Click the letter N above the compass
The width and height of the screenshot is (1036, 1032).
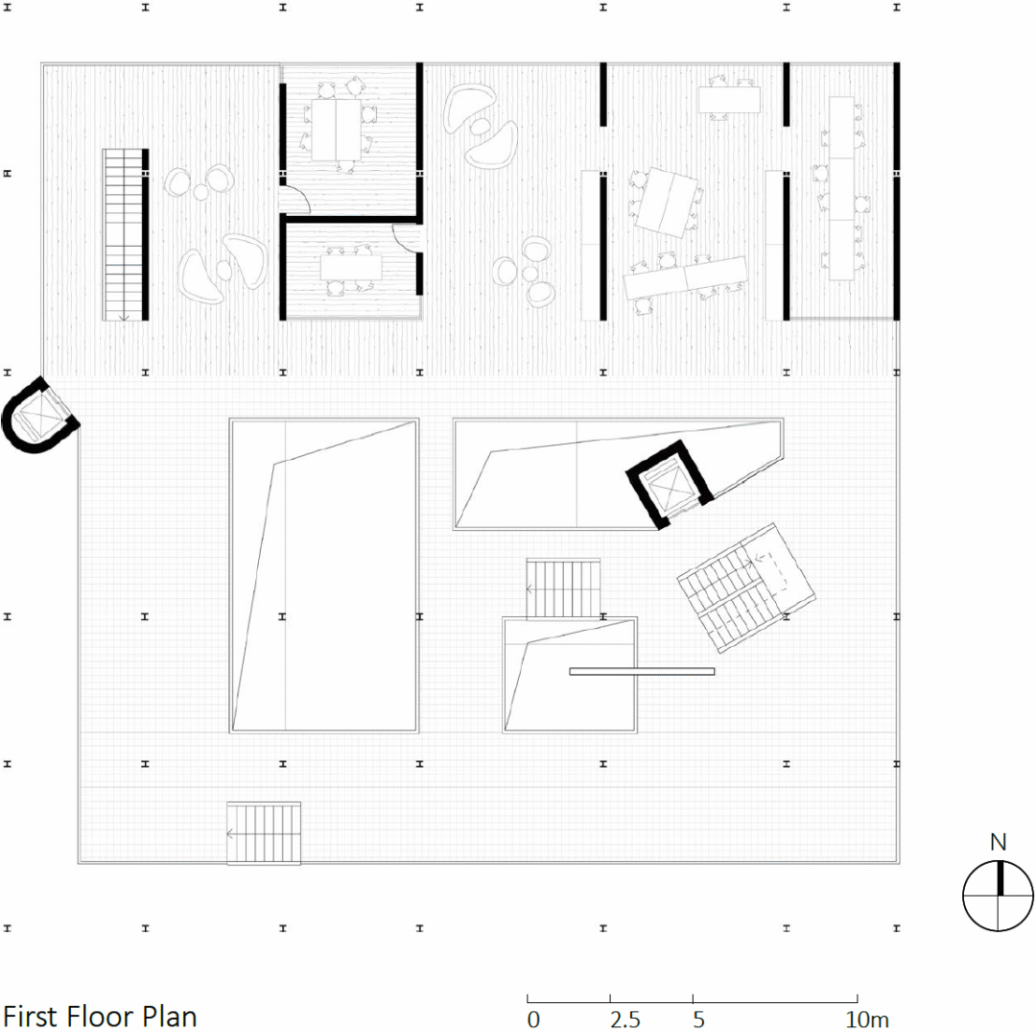tap(998, 842)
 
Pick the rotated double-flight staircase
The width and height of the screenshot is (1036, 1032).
tap(746, 588)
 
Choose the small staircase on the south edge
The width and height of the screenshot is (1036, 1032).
tap(264, 833)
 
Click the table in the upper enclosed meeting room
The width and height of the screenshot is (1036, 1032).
tap(337, 129)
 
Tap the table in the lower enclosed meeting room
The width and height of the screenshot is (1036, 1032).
tap(351, 267)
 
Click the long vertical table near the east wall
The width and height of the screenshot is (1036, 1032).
tap(842, 188)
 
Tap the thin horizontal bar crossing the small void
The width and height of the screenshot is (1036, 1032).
tap(642, 672)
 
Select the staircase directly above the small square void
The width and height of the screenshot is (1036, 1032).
tap(564, 588)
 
